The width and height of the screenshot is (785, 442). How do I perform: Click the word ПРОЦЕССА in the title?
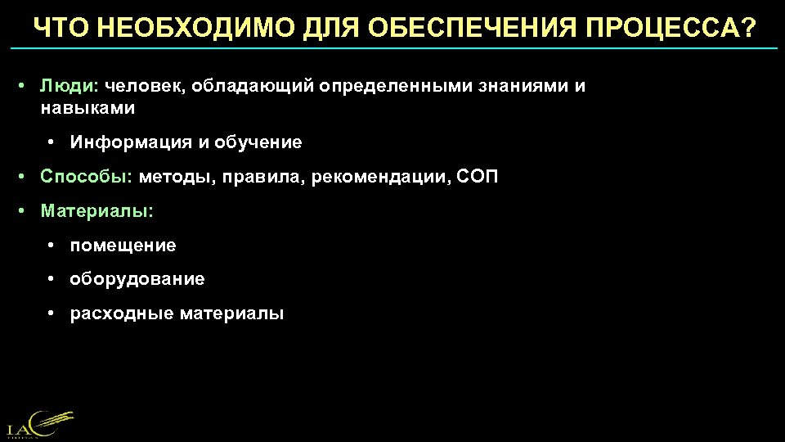coord(673,29)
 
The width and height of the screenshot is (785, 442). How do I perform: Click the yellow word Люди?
coord(70,87)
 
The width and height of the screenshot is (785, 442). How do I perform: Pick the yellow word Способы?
coord(87,177)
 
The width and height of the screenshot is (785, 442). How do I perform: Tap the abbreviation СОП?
coord(478,177)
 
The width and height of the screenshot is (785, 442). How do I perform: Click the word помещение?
coord(123,246)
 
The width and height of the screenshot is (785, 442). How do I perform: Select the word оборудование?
coord(137,280)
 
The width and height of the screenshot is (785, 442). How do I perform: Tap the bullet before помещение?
coord(52,246)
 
